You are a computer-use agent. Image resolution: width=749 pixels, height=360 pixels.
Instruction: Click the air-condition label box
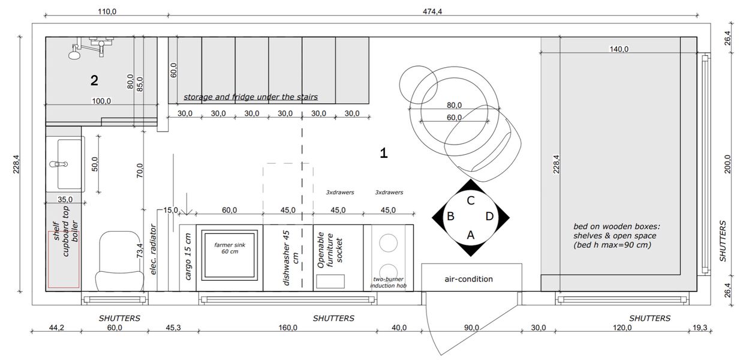[x=469, y=279]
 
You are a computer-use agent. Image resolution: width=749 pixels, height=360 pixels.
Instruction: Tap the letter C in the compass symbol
[x=471, y=200]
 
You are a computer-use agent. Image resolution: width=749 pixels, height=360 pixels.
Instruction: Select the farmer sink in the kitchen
[x=230, y=254]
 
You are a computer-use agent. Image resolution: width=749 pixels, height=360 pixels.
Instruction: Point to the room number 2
[x=94, y=80]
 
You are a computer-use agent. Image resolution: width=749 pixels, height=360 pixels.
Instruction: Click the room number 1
[x=384, y=153]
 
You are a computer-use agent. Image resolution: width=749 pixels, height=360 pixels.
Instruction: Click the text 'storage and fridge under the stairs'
[x=250, y=97]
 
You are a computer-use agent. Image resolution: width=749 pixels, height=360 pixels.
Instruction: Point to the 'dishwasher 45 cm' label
[x=290, y=257]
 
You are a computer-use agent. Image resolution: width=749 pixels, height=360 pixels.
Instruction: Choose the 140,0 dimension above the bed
[x=619, y=49]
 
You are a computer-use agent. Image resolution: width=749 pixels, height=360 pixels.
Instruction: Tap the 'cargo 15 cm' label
[x=188, y=257]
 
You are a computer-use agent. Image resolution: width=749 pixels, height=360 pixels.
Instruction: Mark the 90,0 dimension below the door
[x=471, y=328]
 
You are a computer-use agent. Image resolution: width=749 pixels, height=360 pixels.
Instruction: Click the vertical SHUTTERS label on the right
[x=723, y=241]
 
